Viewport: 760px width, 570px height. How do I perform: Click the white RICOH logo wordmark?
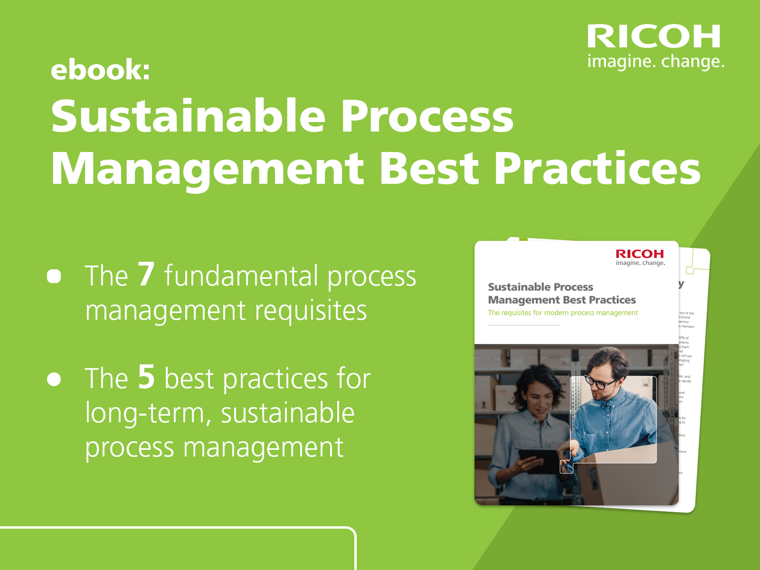[x=654, y=37]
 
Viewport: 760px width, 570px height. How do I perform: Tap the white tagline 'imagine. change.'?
[x=655, y=62]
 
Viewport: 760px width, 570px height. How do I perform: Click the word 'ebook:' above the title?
[x=100, y=70]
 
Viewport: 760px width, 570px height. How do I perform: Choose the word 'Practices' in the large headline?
[x=597, y=169]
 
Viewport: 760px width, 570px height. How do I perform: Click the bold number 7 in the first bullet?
[x=146, y=274]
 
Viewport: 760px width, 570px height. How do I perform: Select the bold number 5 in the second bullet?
[x=146, y=377]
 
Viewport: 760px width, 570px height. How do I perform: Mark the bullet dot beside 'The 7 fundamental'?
[x=54, y=276]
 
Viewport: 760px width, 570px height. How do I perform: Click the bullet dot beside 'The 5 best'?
[x=54, y=379]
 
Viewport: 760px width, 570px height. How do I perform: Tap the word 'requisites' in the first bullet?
[x=311, y=311]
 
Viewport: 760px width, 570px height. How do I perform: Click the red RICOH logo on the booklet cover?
[x=640, y=254]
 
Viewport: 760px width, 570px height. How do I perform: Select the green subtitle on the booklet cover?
[x=563, y=313]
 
